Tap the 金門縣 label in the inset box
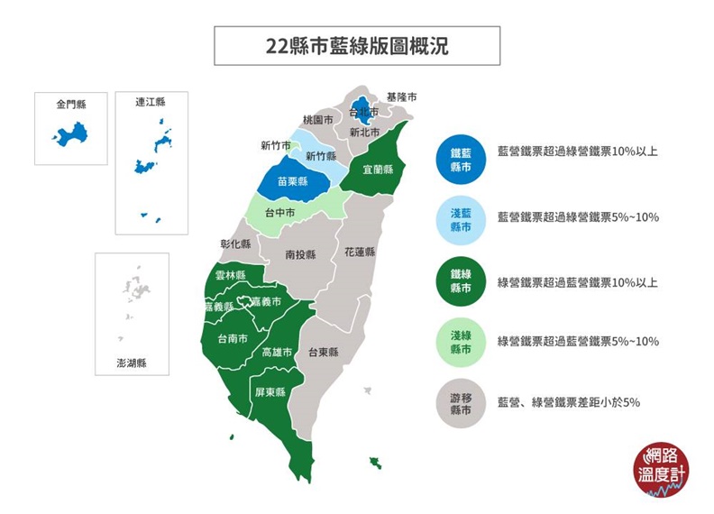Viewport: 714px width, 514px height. (x=70, y=105)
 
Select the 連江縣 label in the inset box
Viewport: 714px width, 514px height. (x=151, y=102)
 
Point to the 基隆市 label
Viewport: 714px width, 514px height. (x=401, y=96)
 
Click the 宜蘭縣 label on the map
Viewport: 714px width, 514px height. (x=378, y=169)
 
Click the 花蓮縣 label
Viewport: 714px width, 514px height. (x=359, y=252)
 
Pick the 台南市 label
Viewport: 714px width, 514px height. (x=233, y=339)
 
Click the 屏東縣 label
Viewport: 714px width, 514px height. (x=270, y=392)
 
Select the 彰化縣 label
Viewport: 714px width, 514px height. (x=235, y=243)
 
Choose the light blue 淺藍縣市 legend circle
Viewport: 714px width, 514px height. (x=461, y=220)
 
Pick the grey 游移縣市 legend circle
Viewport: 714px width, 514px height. (x=461, y=404)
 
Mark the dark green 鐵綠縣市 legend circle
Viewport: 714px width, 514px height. (x=461, y=281)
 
